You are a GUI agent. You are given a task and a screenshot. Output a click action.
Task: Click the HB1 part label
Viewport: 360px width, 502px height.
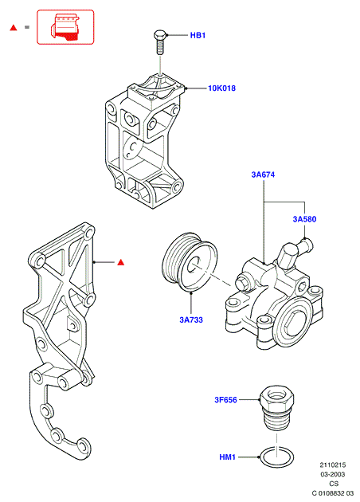[198, 35]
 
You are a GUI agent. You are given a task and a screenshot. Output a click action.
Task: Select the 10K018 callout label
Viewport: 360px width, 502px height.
[221, 88]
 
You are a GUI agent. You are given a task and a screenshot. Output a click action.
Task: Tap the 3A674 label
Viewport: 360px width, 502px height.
[263, 175]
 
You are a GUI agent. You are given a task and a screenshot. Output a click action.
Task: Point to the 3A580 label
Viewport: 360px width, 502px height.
[304, 219]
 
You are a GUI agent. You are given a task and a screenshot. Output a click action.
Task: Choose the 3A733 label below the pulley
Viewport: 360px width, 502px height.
[191, 320]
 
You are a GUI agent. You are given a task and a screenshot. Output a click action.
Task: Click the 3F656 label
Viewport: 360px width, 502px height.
[225, 400]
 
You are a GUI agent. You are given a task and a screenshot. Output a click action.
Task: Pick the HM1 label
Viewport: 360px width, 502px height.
[227, 457]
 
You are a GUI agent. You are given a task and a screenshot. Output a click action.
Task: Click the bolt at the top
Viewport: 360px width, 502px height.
[160, 42]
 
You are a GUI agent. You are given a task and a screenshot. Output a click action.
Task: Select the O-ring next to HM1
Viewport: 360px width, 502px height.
[276, 457]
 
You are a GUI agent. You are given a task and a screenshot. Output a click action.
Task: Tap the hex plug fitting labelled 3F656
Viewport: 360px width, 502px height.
[276, 407]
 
